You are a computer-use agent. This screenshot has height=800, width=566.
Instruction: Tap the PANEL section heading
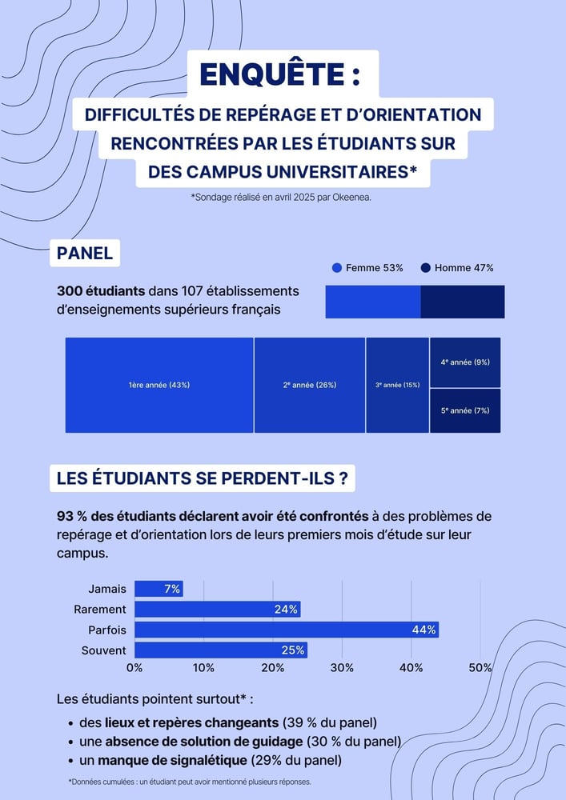click(x=85, y=254)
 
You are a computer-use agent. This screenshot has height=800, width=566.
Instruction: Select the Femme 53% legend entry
click(x=367, y=268)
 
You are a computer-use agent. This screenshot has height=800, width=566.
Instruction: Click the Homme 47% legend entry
click(x=457, y=268)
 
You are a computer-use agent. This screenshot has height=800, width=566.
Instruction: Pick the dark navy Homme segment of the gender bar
click(x=463, y=302)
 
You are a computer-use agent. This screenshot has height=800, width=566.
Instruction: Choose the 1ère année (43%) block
click(x=159, y=385)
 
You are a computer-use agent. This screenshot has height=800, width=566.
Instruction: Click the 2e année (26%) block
click(x=310, y=385)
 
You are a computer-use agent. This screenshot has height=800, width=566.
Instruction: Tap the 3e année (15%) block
click(x=397, y=385)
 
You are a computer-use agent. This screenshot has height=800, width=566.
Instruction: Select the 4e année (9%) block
click(x=465, y=362)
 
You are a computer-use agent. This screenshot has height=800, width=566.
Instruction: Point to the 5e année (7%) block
click(x=465, y=410)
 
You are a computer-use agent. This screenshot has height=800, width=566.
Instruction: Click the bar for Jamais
click(x=158, y=589)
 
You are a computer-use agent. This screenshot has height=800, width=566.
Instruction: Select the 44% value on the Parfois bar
click(x=423, y=630)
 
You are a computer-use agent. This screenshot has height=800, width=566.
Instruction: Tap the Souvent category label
click(x=104, y=650)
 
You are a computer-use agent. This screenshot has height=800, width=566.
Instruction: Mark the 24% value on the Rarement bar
click(x=286, y=610)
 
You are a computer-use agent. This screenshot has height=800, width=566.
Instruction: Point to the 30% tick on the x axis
click(x=342, y=668)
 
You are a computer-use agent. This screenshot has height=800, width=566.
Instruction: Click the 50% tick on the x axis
click(x=480, y=668)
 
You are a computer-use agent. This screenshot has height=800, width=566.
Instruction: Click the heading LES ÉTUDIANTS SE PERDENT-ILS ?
click(x=202, y=479)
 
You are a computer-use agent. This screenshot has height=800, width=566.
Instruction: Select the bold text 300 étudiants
click(x=101, y=291)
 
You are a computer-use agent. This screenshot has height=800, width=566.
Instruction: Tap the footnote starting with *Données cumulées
click(x=190, y=782)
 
